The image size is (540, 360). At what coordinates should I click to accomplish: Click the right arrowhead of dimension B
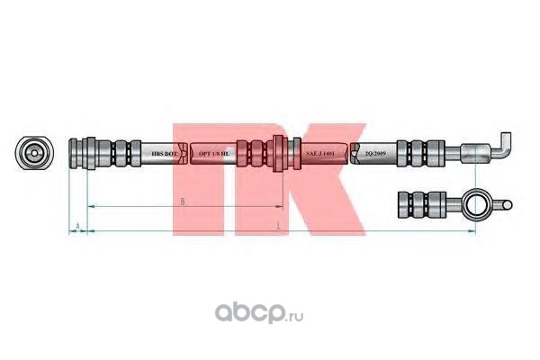pyautogui.click(x=274, y=207)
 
